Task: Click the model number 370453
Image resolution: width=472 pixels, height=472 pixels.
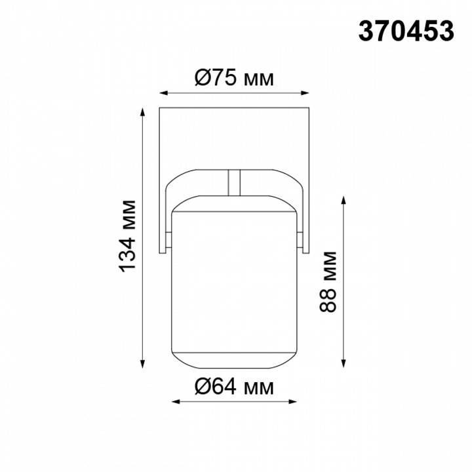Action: click(x=406, y=30)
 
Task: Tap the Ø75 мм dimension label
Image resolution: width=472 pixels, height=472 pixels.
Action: click(x=234, y=79)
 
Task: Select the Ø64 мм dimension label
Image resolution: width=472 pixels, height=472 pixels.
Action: click(x=234, y=387)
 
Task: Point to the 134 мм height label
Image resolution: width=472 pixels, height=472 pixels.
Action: click(x=128, y=236)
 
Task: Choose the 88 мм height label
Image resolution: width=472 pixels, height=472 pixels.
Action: click(x=330, y=282)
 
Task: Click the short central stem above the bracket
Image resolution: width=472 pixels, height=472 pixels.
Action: click(x=234, y=183)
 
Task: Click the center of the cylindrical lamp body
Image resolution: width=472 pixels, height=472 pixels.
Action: click(x=234, y=282)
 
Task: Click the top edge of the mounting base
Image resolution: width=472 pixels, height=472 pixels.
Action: click(x=234, y=106)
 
